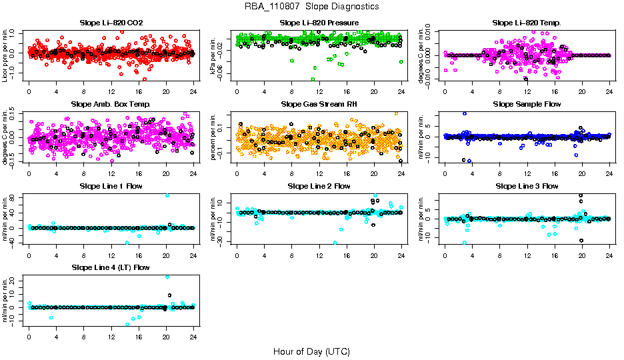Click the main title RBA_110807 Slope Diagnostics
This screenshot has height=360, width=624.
[x=311, y=6]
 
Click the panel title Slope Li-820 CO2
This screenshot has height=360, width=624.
[x=111, y=23]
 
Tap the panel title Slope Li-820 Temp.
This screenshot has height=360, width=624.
[x=527, y=23]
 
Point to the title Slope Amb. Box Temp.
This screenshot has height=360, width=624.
[x=111, y=104]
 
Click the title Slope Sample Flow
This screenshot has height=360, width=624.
[x=527, y=104]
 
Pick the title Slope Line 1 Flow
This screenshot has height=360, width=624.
[x=111, y=186]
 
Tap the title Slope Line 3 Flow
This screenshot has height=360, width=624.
[x=527, y=186]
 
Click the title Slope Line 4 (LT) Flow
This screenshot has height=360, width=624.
[x=111, y=267]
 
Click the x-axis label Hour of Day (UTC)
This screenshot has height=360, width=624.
[x=311, y=351]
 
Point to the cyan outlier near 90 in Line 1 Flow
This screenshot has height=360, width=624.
[x=167, y=195]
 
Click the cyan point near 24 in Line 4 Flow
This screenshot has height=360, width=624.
[x=167, y=277]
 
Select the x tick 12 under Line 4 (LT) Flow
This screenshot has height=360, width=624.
[x=111, y=335]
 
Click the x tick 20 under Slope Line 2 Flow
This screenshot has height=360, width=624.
[x=374, y=254]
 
